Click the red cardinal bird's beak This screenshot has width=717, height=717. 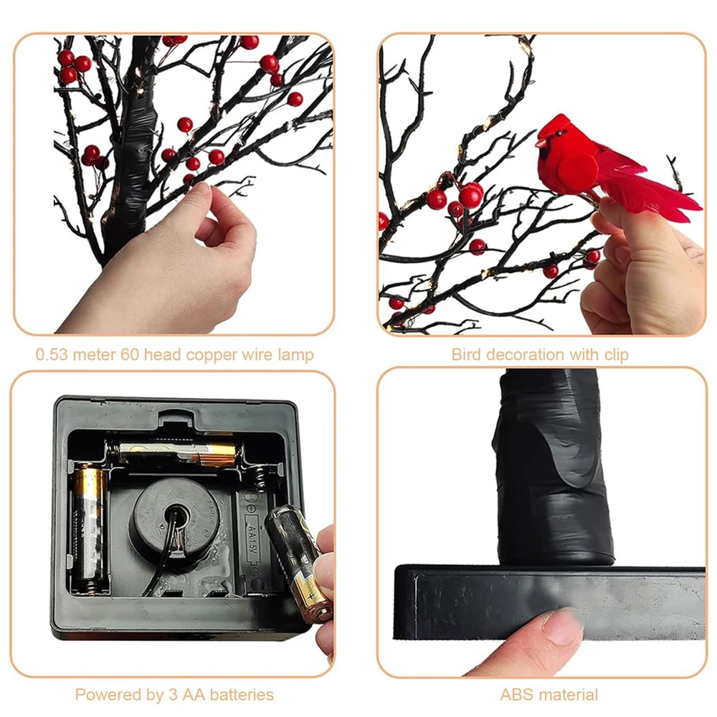pyautogui.click(x=539, y=143)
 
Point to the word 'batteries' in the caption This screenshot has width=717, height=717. pyautogui.click(x=242, y=694)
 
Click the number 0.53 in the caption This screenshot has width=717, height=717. pyautogui.click(x=50, y=354)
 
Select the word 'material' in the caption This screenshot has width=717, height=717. pyautogui.click(x=569, y=694)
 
